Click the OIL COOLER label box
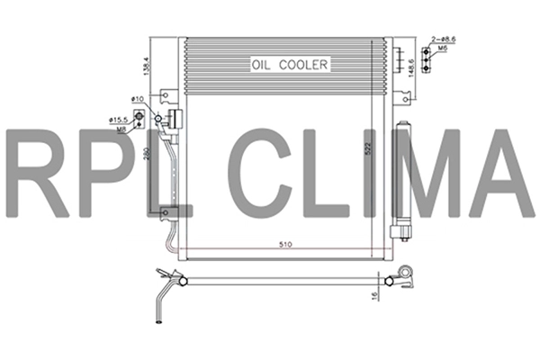pos(291,64)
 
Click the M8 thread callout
pos(120,128)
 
